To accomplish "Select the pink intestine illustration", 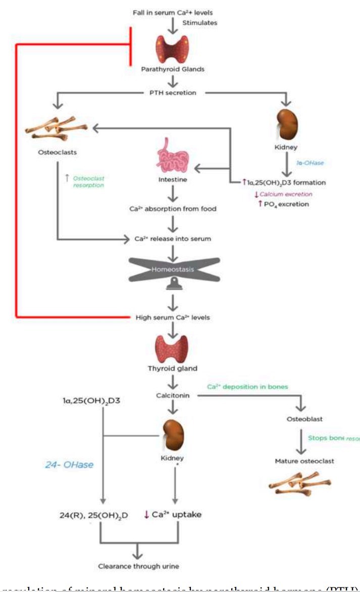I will (x=173, y=160).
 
